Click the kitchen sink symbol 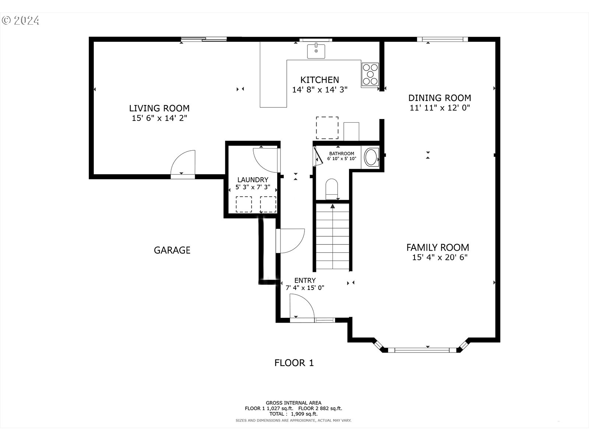click(316, 51)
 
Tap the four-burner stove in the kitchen click(370, 74)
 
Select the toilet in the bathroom click(332, 189)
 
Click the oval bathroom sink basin click(371, 157)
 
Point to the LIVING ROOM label click(159, 108)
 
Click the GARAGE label click(172, 250)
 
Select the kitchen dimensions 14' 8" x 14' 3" click(320, 89)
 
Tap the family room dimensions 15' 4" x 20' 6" click(440, 257)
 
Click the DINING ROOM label click(440, 98)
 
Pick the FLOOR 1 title click(294, 363)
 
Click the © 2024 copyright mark click(20, 20)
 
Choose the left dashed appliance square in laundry click(244, 204)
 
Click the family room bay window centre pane click(422, 350)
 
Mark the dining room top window click(442, 39)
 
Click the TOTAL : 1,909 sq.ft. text click(293, 414)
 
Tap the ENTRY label click(305, 280)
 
